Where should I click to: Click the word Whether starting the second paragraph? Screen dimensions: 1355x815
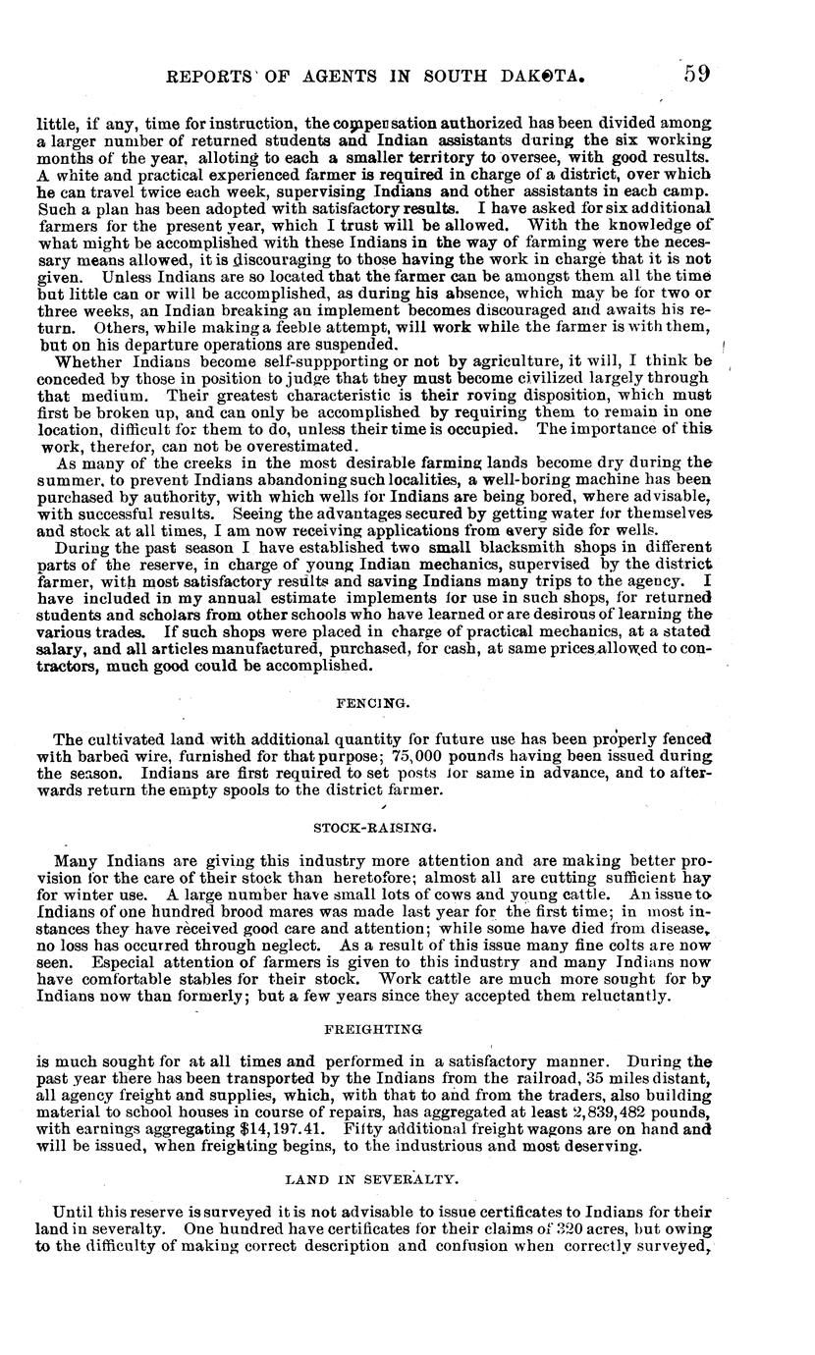coord(88,361)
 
